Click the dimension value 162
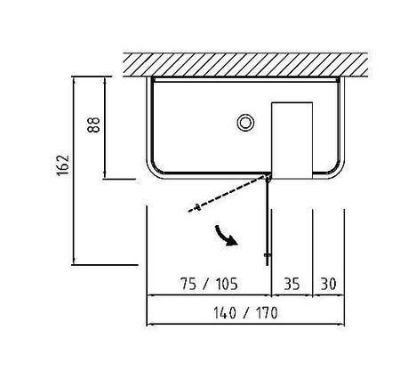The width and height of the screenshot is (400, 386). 63,165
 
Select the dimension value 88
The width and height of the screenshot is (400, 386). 94,125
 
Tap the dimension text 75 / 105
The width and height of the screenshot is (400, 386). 209,284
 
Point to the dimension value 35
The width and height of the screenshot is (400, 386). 292,284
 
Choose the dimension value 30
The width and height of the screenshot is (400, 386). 329,284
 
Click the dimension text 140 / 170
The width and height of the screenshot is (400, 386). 245,313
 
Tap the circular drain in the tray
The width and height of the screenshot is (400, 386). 245,123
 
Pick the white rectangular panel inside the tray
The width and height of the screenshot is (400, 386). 292,141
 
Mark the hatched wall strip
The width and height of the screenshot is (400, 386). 245,65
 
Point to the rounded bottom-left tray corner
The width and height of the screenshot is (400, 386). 154,171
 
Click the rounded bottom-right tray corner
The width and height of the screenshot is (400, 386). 337,171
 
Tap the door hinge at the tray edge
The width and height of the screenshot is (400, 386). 268,178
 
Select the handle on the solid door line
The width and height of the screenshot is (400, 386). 268,254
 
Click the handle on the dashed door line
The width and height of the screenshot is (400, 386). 197,207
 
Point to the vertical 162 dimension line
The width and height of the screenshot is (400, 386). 73,171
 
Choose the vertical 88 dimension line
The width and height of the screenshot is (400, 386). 104,128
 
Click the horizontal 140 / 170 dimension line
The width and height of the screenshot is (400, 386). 245,325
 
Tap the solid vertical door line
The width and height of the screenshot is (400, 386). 268,221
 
